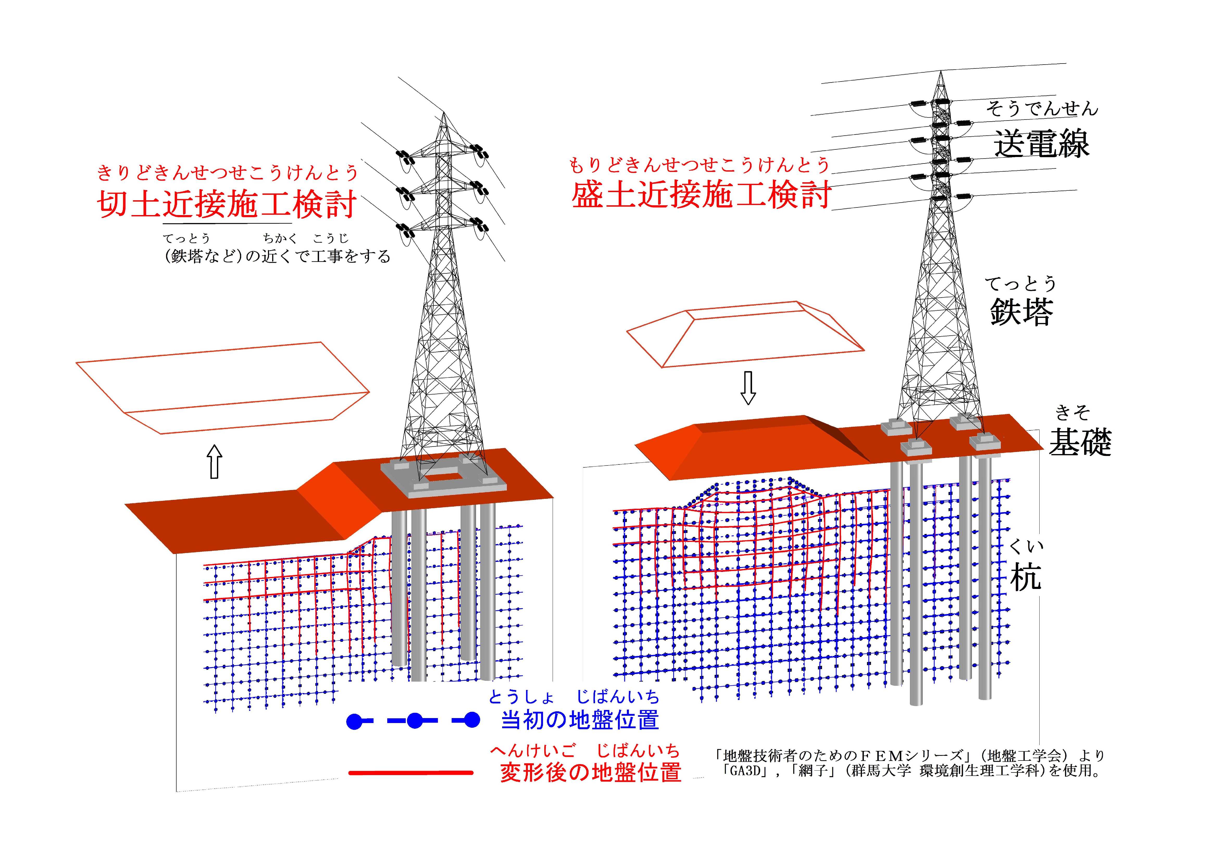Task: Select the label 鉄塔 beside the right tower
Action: pyautogui.click(x=1021, y=312)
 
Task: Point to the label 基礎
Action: pyautogui.click(x=1079, y=442)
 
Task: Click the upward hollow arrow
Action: pyautogui.click(x=214, y=462)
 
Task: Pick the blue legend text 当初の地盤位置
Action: pyautogui.click(x=580, y=720)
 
